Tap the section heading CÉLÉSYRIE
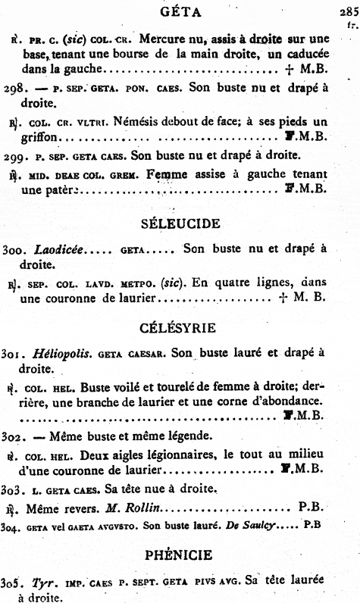(180, 328)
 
